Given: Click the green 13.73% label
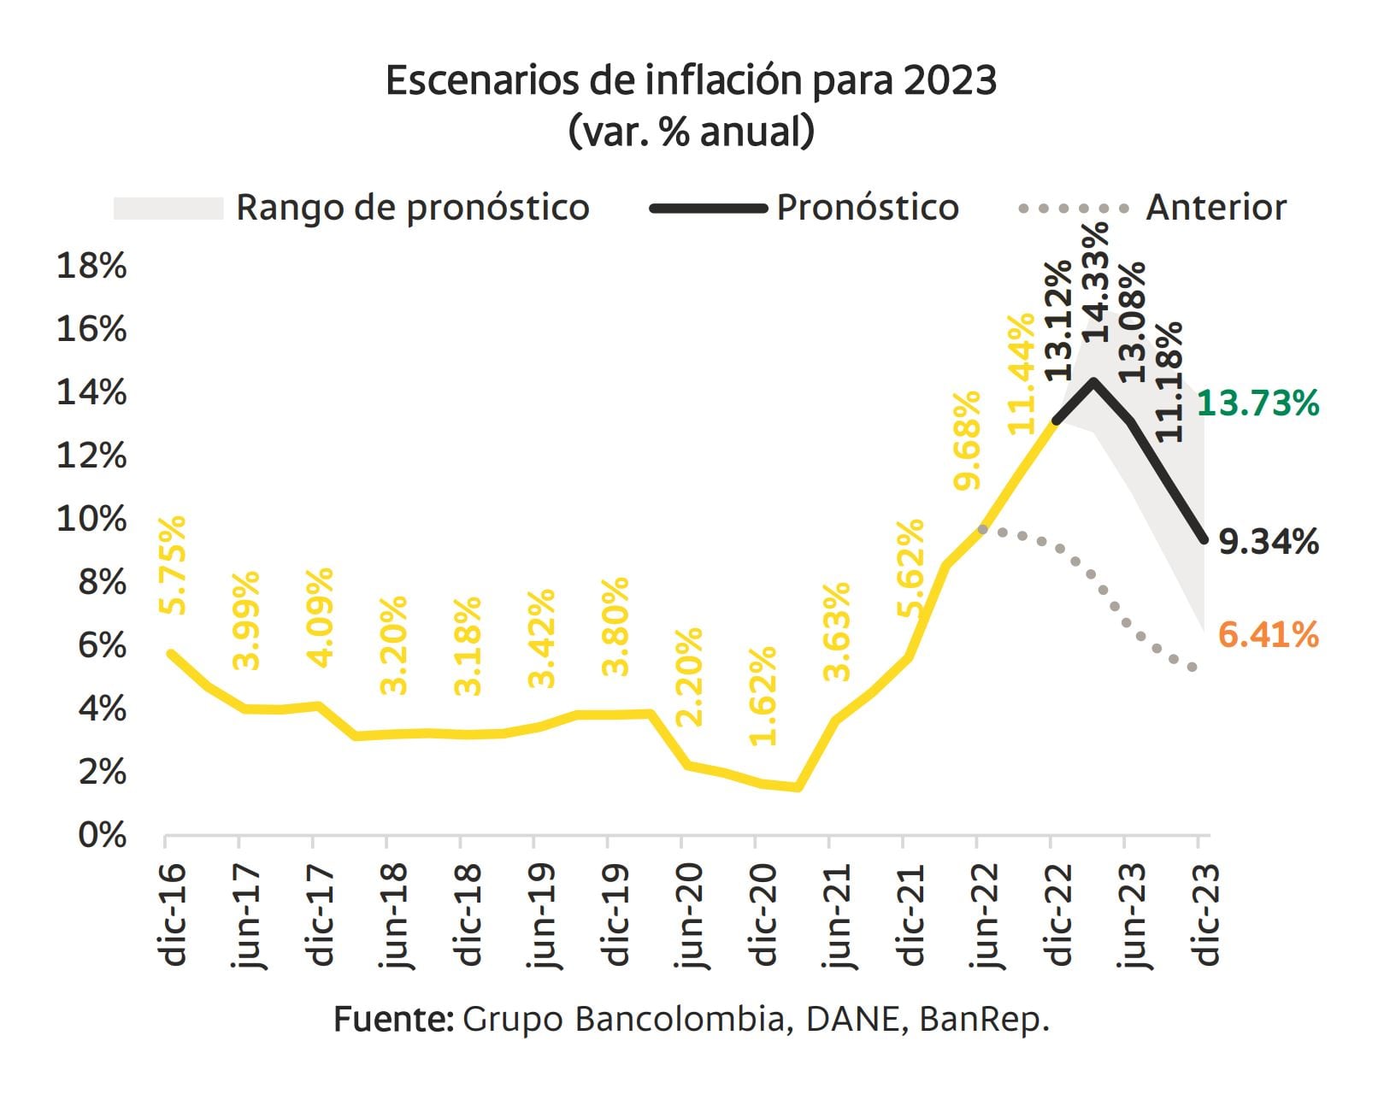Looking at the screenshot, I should (x=1258, y=403).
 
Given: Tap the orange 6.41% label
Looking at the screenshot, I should (x=1268, y=635).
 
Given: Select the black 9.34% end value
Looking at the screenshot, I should (x=1268, y=542).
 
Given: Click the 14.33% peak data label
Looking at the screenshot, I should (x=1094, y=282).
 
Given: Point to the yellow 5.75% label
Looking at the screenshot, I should (x=172, y=564).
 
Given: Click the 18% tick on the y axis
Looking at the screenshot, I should (x=91, y=267).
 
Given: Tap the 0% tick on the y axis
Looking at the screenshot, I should (x=102, y=835).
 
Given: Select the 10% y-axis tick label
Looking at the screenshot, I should (x=91, y=519).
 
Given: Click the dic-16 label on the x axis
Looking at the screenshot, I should (x=174, y=915).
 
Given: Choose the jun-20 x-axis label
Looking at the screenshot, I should (x=689, y=915).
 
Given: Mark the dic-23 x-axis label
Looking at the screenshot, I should (x=1206, y=915).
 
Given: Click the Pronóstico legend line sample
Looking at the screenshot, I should (x=708, y=208).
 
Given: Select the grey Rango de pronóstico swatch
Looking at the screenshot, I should (x=168, y=208).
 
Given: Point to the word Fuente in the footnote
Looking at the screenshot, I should (x=392, y=1020).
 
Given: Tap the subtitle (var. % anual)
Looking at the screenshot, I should (x=691, y=132).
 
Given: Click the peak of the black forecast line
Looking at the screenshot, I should (x=1093, y=381).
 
